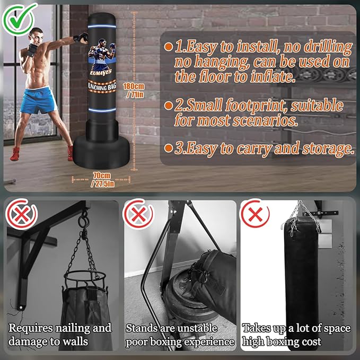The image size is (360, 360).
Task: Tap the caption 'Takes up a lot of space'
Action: (x=296, y=329)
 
